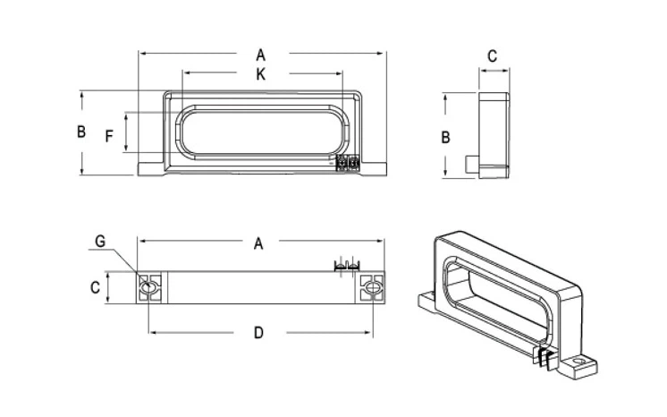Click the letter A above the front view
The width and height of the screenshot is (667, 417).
click(x=260, y=55)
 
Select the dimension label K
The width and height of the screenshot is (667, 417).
click(x=260, y=76)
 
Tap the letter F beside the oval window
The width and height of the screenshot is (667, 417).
click(x=109, y=137)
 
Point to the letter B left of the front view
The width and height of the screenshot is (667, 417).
click(x=80, y=132)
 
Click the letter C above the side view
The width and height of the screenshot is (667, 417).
click(x=492, y=55)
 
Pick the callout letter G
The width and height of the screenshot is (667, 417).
click(x=100, y=242)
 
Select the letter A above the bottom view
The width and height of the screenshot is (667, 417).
click(x=259, y=243)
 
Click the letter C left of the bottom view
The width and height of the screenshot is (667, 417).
click(x=94, y=288)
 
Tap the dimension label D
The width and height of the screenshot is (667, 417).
click(x=258, y=333)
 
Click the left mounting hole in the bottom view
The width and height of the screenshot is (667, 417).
click(x=149, y=288)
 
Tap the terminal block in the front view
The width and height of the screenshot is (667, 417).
click(x=347, y=164)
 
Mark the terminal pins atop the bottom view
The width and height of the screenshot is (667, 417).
click(x=345, y=266)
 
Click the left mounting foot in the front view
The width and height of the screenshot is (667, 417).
click(x=149, y=167)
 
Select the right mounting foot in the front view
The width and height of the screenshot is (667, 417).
click(x=375, y=167)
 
